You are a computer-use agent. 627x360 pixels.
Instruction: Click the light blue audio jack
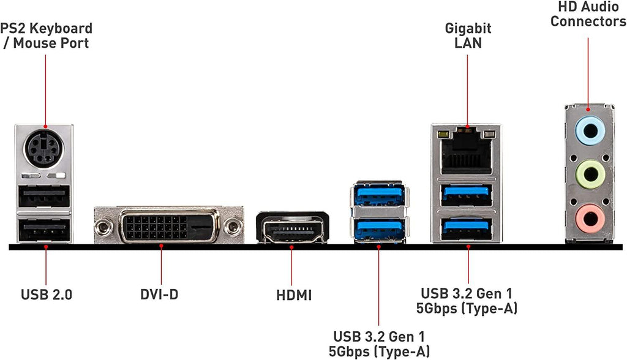(588, 130)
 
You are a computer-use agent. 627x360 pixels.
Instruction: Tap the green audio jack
(588, 173)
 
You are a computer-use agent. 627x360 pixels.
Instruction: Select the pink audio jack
(588, 216)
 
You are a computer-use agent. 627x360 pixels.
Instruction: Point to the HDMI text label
(293, 295)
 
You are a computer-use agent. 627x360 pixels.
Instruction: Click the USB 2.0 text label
(46, 294)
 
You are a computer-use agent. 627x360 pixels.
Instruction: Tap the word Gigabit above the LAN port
(468, 28)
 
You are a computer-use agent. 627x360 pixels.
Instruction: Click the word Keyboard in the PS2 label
(61, 28)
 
